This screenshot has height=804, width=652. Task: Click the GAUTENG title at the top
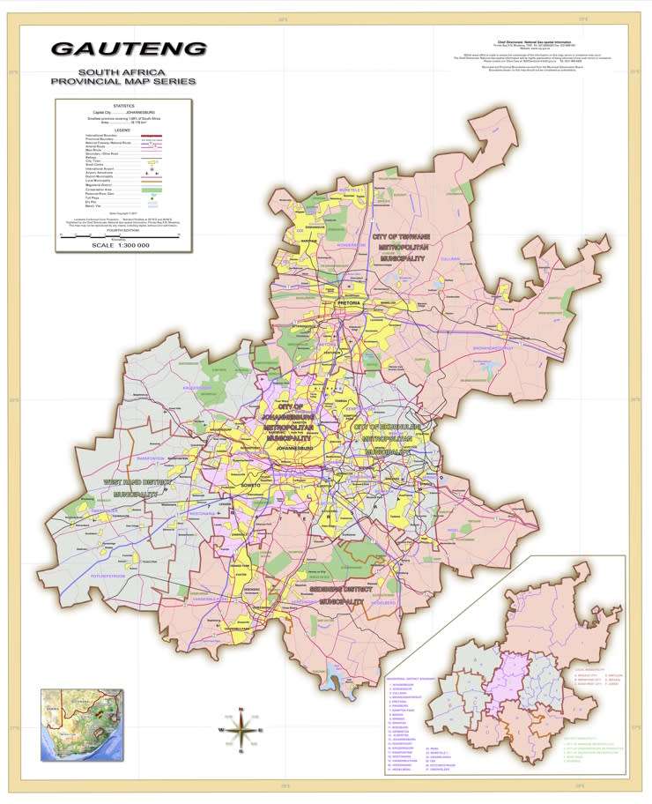[x=129, y=48]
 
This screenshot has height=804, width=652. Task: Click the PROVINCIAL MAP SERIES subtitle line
[x=123, y=82]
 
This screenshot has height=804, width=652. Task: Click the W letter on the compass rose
[x=220, y=730]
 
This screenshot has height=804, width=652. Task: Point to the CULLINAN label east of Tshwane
[x=475, y=258]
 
